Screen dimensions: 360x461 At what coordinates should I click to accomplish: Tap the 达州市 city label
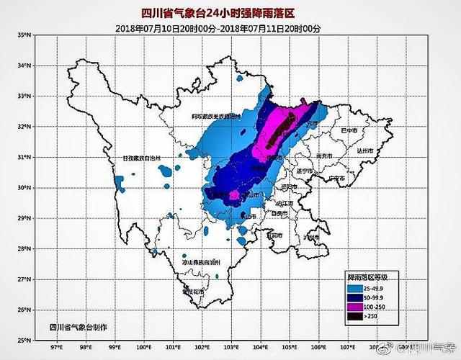366,153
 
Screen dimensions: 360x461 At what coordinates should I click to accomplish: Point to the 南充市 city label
325,156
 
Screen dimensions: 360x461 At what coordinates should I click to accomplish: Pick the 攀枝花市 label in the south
192,292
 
